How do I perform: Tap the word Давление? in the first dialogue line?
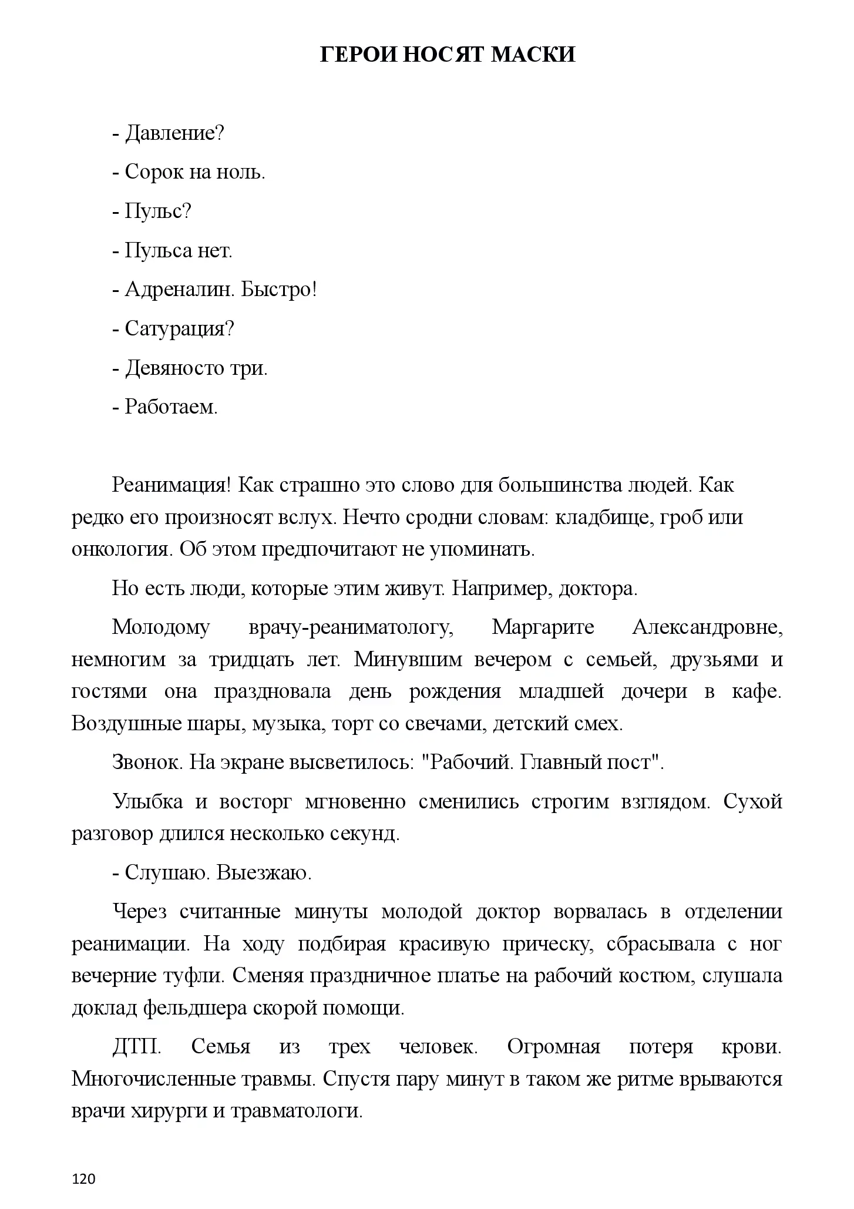[174, 134]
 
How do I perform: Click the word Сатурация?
[180, 329]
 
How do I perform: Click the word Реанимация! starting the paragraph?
[173, 485]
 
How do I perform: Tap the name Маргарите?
[543, 627]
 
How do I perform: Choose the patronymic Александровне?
[707, 627]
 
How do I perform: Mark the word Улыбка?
[147, 801]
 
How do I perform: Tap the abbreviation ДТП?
[137, 1047]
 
